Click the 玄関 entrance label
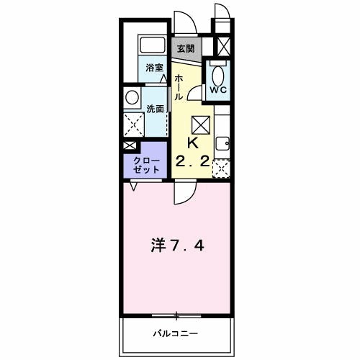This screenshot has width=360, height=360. [x=186, y=49]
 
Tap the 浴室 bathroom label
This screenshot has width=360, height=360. [x=155, y=68]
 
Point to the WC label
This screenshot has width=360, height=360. [x=218, y=91]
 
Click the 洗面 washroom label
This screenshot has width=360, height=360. [x=155, y=109]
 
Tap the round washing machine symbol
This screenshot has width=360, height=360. [x=132, y=97]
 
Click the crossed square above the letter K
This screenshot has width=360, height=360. [x=202, y=124]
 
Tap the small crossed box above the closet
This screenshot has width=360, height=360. [x=129, y=145]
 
